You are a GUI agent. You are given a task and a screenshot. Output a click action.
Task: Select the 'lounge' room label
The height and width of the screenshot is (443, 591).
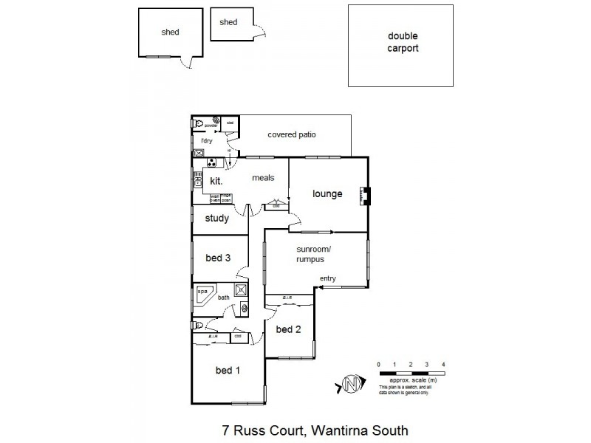327,194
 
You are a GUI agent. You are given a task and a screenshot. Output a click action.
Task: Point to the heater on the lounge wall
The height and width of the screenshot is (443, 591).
365,196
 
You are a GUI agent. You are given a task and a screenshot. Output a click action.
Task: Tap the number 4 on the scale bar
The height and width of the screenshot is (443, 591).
443,365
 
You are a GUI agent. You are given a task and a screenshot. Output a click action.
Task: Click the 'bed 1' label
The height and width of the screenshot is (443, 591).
228,370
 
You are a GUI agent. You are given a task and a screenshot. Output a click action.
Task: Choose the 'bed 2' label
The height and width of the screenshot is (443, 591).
288,329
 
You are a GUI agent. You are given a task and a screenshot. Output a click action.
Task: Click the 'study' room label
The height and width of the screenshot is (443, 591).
217,219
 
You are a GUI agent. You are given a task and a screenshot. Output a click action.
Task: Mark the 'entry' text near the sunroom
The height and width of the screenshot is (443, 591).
327,278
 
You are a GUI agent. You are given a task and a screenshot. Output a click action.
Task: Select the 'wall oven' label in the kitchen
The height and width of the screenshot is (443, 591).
215,197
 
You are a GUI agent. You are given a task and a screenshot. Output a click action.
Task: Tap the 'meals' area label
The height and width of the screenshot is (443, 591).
263,178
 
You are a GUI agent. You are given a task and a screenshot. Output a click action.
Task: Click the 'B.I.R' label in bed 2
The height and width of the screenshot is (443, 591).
288,299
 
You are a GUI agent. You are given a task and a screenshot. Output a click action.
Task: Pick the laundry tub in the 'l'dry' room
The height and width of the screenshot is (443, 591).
199,152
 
